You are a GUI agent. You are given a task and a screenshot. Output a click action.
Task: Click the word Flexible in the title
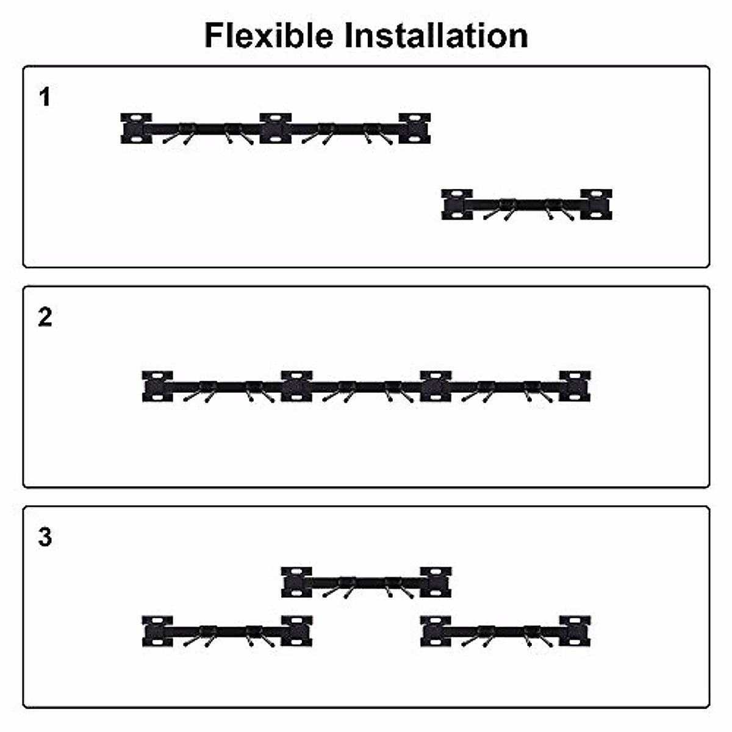click(x=270, y=35)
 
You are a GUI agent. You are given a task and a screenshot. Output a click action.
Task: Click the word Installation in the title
click(x=436, y=35)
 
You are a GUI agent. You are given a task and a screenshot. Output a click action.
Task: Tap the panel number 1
click(x=45, y=97)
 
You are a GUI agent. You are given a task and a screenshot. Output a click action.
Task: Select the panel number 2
click(x=45, y=317)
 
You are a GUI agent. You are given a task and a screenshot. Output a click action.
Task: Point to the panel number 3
click(x=45, y=537)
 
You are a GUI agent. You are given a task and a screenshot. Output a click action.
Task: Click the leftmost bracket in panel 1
click(x=136, y=128)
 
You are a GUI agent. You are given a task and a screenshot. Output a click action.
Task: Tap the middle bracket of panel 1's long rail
click(x=275, y=128)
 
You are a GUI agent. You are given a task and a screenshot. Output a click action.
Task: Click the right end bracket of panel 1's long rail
click(x=415, y=128)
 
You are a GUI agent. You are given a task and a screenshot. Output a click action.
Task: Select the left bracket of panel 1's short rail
click(x=457, y=204)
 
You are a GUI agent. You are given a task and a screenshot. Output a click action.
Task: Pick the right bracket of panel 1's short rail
click(x=596, y=204)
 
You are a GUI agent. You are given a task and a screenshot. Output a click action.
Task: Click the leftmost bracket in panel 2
click(x=157, y=386)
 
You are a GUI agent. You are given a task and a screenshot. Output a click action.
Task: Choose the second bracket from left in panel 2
click(x=296, y=386)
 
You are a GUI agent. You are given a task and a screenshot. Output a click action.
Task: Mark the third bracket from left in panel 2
click(x=436, y=386)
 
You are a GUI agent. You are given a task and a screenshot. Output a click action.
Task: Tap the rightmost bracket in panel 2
click(x=575, y=386)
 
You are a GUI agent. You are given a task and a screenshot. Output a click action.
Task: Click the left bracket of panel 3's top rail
click(x=296, y=582)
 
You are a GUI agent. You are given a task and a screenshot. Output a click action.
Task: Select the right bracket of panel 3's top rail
click(x=436, y=582)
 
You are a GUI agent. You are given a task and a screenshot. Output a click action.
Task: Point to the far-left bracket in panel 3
click(x=157, y=631)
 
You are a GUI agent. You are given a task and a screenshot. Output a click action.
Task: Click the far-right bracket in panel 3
click(x=575, y=631)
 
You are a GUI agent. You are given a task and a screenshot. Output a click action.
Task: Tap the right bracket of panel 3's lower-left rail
click(x=296, y=631)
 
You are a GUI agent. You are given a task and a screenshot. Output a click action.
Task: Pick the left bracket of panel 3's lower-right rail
click(x=436, y=631)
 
